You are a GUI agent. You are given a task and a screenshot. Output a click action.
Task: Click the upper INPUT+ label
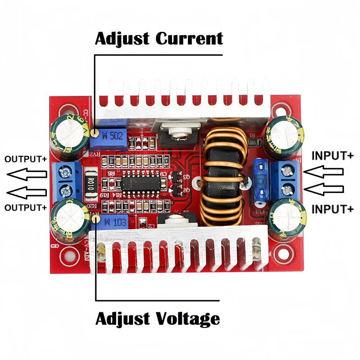tap(333, 156)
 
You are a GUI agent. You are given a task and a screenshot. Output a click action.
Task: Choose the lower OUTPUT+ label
tap(25, 207)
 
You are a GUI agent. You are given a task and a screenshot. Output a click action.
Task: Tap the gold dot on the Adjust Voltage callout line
tap(95, 218)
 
